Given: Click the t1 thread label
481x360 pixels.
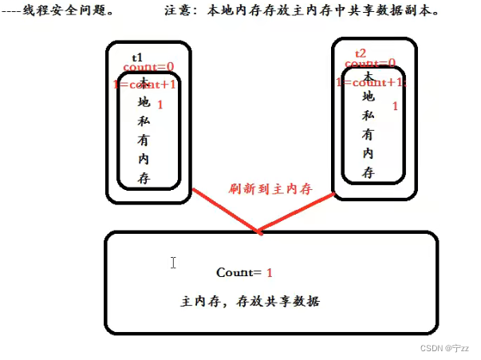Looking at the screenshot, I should (x=137, y=57).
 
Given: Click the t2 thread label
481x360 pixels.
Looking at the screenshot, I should (x=361, y=53).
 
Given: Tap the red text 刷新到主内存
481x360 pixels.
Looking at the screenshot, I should (x=270, y=188).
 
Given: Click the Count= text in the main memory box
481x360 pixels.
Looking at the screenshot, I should (x=239, y=273).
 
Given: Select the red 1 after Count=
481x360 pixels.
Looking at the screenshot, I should (x=270, y=273).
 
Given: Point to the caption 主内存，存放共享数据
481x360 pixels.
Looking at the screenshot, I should (x=250, y=303).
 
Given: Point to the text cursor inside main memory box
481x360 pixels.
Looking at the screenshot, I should (x=173, y=263).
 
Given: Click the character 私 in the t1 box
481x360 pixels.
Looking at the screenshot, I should (x=144, y=121).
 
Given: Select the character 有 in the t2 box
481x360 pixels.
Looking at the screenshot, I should (x=368, y=134).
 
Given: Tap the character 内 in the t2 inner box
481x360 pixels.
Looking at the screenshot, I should (x=368, y=153).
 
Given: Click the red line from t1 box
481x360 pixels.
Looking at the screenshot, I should (x=227, y=212).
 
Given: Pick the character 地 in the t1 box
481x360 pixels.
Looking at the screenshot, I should (x=144, y=102).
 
